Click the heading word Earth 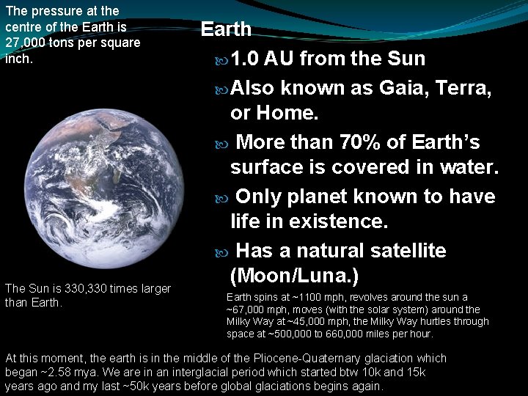226,29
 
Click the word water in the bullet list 469,167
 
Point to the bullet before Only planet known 223,197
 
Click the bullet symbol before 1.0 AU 223,59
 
